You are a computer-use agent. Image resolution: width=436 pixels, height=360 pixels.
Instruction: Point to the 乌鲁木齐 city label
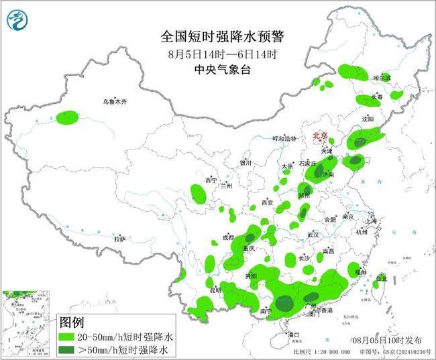tap(115, 101)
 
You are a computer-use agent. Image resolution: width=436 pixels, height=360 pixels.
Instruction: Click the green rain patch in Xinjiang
tap(67, 119)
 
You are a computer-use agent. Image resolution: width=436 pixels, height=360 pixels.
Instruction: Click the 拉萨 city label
tap(119, 238)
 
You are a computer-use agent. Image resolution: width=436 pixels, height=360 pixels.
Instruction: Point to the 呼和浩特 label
tap(284, 139)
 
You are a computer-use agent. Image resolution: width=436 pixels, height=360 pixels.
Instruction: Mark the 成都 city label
tap(228, 237)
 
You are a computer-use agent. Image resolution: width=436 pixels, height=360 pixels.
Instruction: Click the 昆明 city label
tap(215, 290)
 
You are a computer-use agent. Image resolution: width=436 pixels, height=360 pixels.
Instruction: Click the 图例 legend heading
tap(72, 322)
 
